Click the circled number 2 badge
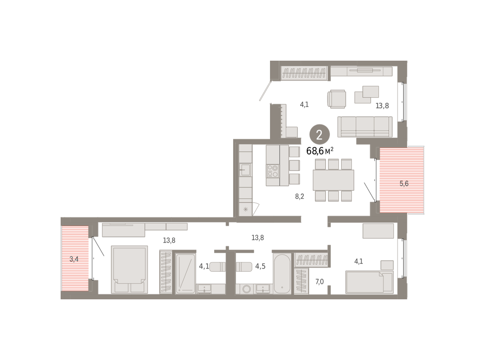(x=319, y=135)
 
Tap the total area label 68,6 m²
(x=320, y=151)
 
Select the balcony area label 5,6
(x=404, y=183)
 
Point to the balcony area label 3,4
(x=74, y=259)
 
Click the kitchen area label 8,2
(x=299, y=196)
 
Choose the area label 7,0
(x=319, y=282)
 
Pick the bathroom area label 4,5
(x=260, y=266)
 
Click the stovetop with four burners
(x=273, y=171)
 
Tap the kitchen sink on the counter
(x=245, y=169)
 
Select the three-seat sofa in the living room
(x=365, y=127)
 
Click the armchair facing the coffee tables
(x=337, y=99)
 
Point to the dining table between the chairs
(x=333, y=180)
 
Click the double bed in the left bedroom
(x=129, y=269)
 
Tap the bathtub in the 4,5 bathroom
(x=282, y=273)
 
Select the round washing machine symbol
(x=247, y=289)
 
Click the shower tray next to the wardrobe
(x=186, y=273)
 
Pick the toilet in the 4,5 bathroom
(x=244, y=267)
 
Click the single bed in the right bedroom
(x=369, y=282)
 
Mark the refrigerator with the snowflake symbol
(x=245, y=210)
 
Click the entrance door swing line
(x=266, y=91)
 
